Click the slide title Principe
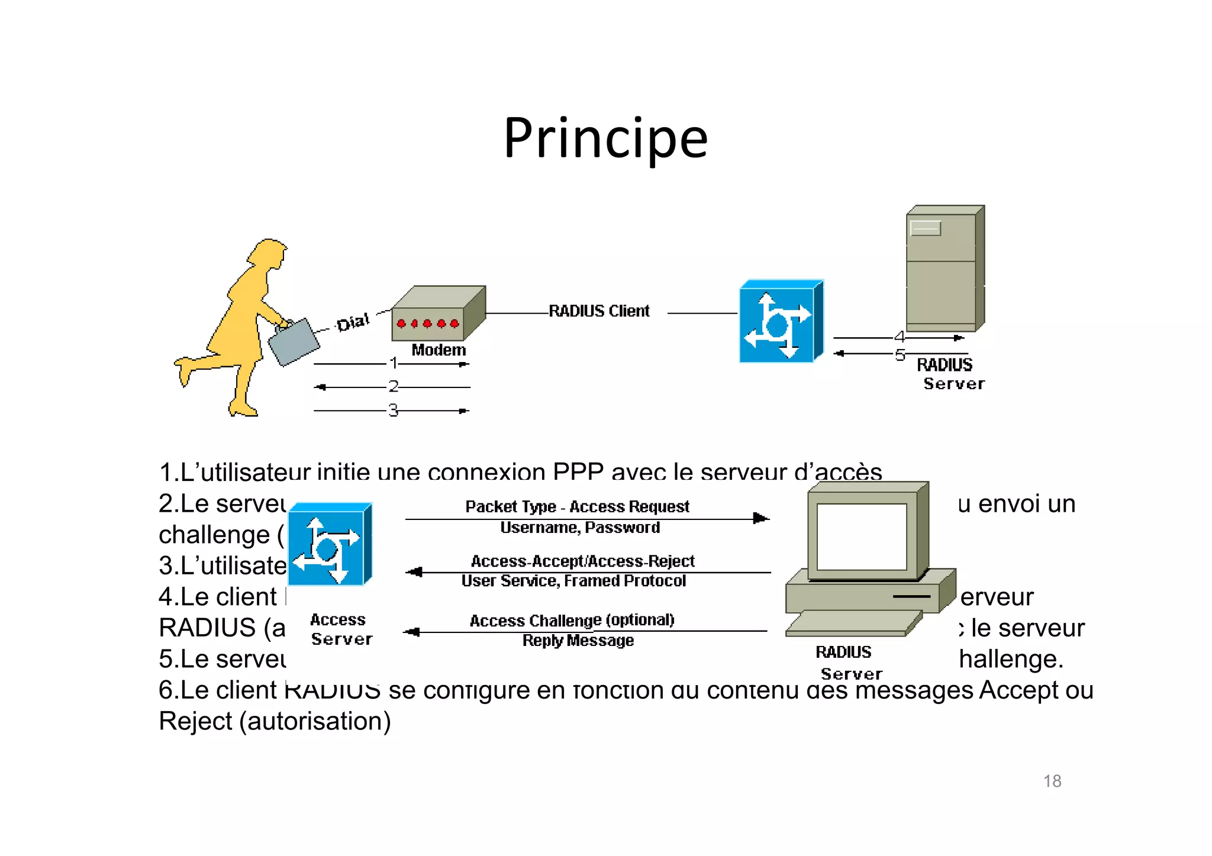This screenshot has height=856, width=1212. click(x=605, y=138)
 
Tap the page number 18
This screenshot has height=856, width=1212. click(x=1052, y=781)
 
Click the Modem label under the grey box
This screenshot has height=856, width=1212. click(x=439, y=350)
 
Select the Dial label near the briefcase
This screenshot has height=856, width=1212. click(x=353, y=322)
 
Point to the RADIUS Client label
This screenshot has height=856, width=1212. click(x=599, y=311)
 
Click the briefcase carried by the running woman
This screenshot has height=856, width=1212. click(x=293, y=343)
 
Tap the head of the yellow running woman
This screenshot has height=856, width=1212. click(x=269, y=253)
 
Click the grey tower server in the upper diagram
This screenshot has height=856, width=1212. click(x=943, y=269)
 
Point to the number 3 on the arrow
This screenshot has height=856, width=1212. click(x=393, y=411)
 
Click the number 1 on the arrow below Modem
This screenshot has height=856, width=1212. click(x=393, y=363)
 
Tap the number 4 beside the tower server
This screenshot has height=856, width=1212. click(x=899, y=337)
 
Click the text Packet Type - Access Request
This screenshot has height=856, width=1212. click(x=577, y=507)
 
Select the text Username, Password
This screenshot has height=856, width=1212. click(x=580, y=528)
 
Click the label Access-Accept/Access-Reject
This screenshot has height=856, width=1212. click(x=582, y=561)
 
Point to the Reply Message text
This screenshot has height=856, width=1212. click(x=578, y=641)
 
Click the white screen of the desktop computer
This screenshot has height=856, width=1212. click(x=861, y=536)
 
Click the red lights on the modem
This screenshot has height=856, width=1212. click(x=427, y=324)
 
